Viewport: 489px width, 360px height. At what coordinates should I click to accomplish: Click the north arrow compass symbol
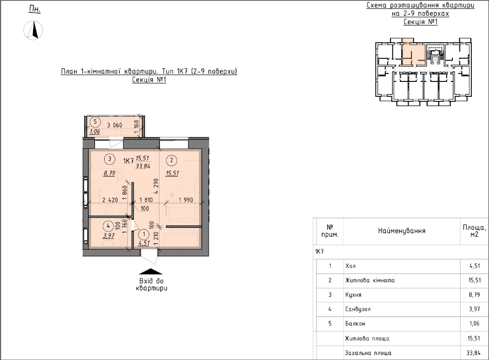[x=33, y=30]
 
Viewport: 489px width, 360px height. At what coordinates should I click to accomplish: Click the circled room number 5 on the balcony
[x=95, y=122]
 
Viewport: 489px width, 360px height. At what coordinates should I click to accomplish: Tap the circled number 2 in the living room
[x=172, y=160]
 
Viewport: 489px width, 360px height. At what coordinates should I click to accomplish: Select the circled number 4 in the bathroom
[x=108, y=226]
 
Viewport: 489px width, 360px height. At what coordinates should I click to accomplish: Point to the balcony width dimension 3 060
[x=114, y=125]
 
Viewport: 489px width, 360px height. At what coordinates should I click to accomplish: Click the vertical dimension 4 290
[x=156, y=186]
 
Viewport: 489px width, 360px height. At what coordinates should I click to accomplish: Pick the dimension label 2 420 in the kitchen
[x=110, y=200]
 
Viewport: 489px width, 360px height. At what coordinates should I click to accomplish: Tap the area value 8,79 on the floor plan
[x=109, y=173]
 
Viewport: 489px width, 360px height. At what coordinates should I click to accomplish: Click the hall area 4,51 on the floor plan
[x=144, y=243]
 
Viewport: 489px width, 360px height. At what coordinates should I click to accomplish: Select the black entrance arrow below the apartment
[x=151, y=272]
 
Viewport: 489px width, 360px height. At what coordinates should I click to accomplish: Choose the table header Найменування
[x=402, y=231]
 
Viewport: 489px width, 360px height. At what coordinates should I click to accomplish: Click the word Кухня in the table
[x=353, y=295]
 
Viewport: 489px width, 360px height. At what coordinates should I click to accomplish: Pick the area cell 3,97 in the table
[x=474, y=309]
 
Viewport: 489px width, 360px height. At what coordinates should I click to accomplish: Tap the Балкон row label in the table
[x=355, y=324]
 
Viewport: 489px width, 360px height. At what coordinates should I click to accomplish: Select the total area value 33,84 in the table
[x=473, y=353]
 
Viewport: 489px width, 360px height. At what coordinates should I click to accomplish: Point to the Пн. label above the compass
[x=34, y=9]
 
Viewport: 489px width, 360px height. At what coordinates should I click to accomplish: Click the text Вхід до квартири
[x=152, y=285]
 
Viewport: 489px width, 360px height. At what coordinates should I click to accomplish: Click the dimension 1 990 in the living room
[x=186, y=200]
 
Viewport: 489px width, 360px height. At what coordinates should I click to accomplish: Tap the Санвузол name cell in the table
[x=358, y=309]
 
